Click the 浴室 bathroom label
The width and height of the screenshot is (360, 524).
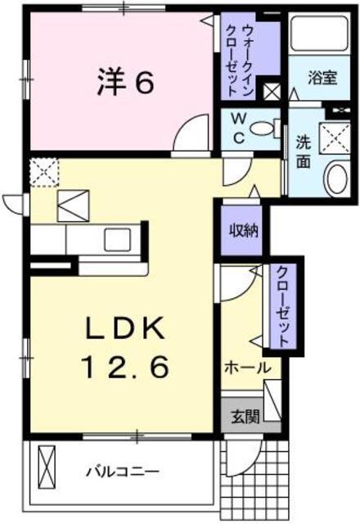point(322,79)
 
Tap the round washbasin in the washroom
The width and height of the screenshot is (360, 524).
point(335,175)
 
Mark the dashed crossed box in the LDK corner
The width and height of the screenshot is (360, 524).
point(41,171)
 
